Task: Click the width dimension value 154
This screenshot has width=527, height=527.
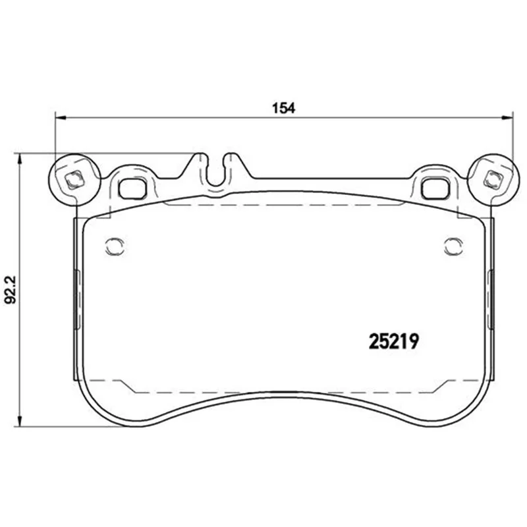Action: point(283,108)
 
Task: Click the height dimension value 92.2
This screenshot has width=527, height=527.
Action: point(10,290)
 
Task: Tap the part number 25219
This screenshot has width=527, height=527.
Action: point(394,341)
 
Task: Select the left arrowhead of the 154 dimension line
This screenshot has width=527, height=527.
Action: point(60,118)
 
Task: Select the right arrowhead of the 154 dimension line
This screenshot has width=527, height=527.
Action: point(508,118)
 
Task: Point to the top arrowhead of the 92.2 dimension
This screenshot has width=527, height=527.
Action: point(20,159)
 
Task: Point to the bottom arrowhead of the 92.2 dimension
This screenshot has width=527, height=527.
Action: point(20,421)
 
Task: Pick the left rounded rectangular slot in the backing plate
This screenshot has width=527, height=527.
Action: point(132,188)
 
